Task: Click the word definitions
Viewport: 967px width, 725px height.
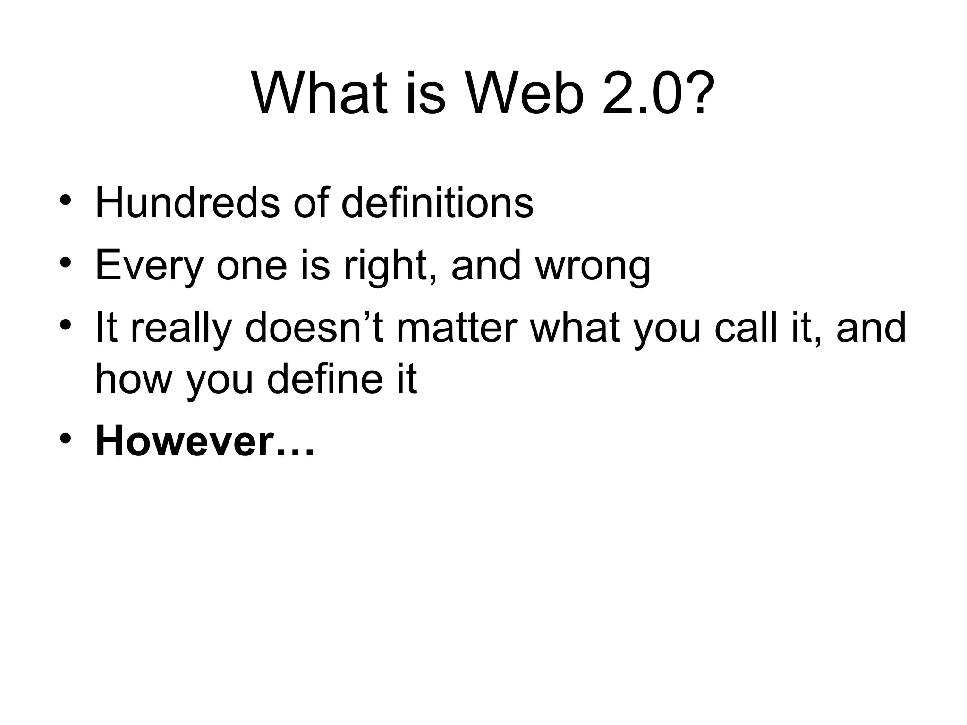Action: coord(437,203)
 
